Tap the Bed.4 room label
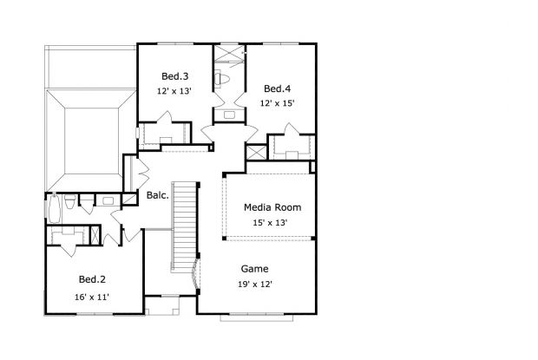tap(277, 88)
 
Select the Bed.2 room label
tap(92, 279)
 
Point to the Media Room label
tap(272, 207)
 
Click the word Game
tap(254, 269)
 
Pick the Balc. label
tap(157, 195)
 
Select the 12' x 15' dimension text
tap(277, 102)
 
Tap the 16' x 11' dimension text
tap(92, 298)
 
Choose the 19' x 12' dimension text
tap(254, 285)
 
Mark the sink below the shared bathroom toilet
tap(229, 114)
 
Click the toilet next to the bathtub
tap(69, 206)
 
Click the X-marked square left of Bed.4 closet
tap(257, 152)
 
